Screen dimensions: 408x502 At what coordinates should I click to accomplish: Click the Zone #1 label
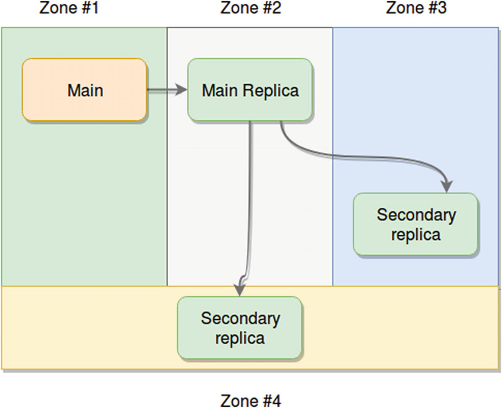click(x=69, y=8)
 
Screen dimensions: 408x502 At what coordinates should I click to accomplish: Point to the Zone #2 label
click(x=251, y=8)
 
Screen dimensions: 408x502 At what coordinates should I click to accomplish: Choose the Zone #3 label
click(x=416, y=8)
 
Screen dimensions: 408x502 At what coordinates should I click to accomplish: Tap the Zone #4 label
click(x=251, y=400)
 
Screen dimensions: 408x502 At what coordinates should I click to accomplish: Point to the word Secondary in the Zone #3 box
click(x=416, y=215)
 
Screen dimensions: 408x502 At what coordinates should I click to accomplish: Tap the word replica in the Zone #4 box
click(x=240, y=338)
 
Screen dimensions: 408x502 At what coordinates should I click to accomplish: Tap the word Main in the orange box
click(x=85, y=90)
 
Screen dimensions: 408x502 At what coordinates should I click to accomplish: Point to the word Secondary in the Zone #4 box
click(x=240, y=318)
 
